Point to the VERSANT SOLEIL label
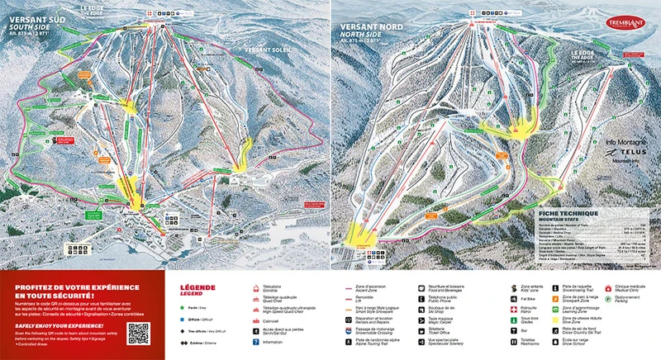(267, 51)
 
